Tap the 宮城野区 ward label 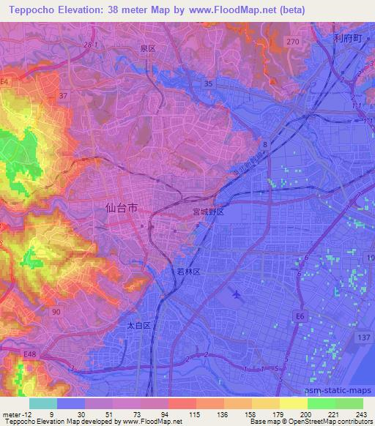pos(207,210)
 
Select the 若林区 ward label pos(189,271)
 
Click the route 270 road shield pos(293,43)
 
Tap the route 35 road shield pos(209,84)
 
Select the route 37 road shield pos(63,95)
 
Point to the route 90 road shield pos(56,312)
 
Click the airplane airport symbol pos(236,294)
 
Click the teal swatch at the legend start pos(43,403)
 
